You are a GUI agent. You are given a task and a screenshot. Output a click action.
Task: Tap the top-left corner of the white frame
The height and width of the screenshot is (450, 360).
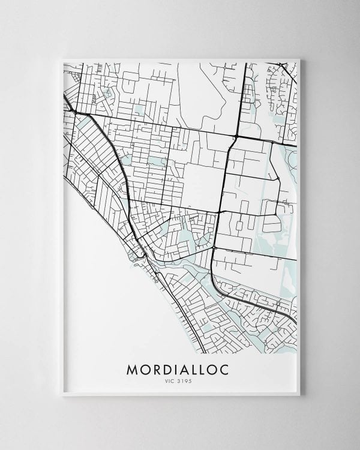tap(63, 59)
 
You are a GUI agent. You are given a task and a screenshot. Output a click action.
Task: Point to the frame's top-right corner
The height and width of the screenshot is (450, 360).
tap(298, 59)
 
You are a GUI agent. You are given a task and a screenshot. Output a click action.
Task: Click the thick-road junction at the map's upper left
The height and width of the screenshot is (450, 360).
tap(77, 113)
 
